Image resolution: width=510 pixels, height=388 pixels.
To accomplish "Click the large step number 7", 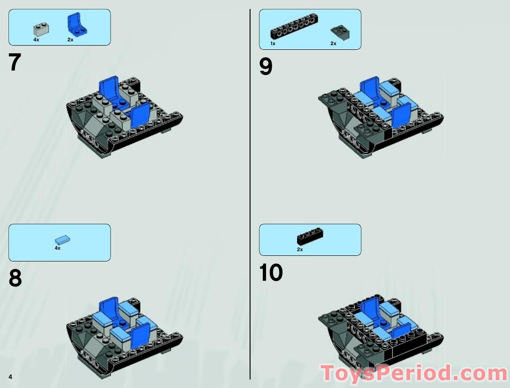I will [15, 63].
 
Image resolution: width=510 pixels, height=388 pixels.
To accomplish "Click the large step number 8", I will [15, 278].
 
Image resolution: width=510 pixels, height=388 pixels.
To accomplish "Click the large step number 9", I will [266, 66].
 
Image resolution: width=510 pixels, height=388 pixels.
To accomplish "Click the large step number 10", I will [271, 273].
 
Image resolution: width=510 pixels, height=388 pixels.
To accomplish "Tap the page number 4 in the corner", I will [10, 376].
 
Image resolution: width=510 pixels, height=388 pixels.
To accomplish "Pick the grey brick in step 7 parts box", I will [41, 29].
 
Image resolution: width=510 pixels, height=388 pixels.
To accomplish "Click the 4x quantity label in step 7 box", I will [36, 40].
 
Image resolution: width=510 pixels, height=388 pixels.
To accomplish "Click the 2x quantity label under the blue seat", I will [71, 40].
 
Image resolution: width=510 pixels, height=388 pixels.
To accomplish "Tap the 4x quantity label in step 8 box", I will [57, 248].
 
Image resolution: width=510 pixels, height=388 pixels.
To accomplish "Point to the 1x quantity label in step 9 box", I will [273, 43].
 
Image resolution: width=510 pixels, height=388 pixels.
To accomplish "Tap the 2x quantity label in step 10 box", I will [300, 250].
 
